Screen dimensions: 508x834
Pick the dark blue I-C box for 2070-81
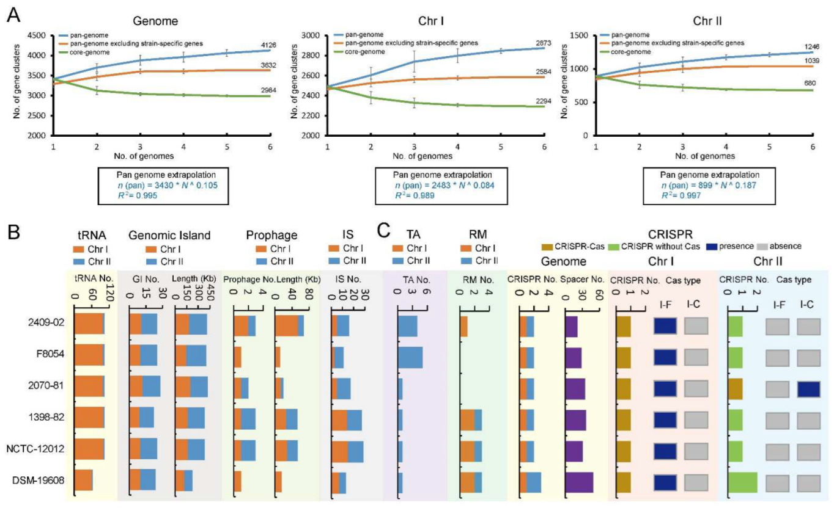(808, 389)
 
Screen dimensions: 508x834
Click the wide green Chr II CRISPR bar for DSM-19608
(742, 481)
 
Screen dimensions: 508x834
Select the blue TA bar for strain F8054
(410, 357)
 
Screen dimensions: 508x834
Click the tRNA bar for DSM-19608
(83, 481)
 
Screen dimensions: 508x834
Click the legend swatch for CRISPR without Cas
(617, 246)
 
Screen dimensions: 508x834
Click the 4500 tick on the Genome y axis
(36, 35)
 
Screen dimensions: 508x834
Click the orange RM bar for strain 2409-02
(463, 327)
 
